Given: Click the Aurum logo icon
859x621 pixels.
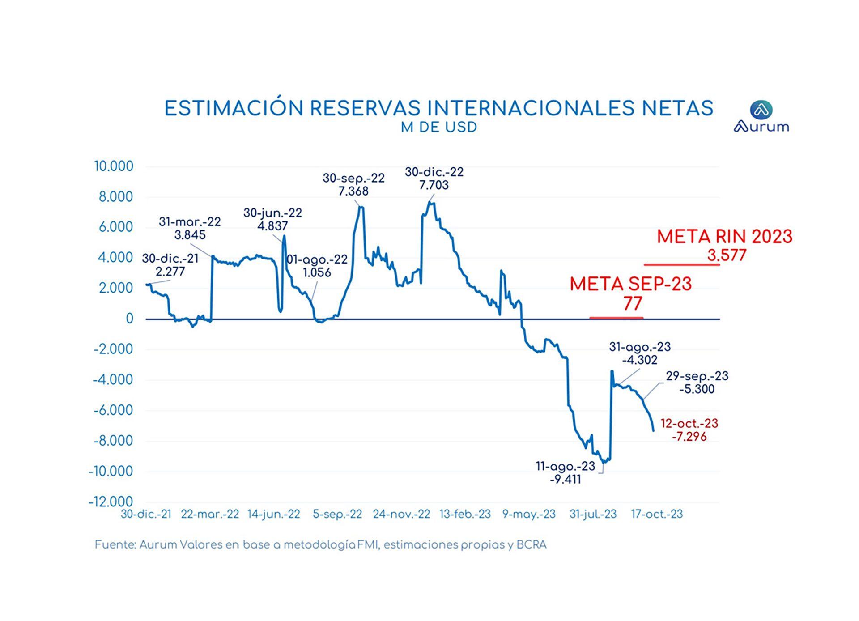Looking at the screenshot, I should point(761,110).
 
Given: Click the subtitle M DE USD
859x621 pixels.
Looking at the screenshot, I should point(439,128).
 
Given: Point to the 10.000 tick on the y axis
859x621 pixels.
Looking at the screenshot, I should point(113,166).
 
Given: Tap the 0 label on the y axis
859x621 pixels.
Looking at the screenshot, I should point(129,319).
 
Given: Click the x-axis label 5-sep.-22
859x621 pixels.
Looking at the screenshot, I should point(337,515).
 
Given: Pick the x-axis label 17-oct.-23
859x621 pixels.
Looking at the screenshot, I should point(657,515).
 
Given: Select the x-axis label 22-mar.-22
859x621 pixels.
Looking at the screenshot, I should point(210,515).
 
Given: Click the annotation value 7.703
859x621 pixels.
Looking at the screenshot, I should point(434,185).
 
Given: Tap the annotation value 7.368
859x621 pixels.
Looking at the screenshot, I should point(353,191).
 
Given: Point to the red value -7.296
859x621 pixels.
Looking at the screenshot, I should point(689,437).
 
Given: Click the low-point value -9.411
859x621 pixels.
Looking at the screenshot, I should point(565,480).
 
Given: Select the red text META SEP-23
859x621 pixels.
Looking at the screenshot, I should point(630,285).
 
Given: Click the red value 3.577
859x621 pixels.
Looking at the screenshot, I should point(727,255).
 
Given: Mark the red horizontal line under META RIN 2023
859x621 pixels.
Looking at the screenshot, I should point(681,265).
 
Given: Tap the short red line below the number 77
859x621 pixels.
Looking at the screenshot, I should point(616,318).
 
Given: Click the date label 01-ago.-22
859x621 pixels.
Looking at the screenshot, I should point(317,259).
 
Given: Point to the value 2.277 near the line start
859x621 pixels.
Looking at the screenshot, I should point(170,272).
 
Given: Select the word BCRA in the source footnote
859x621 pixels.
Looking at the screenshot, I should point(531,545).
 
